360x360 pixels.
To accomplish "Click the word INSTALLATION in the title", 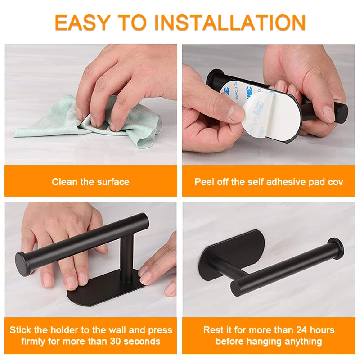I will [x=234, y=22].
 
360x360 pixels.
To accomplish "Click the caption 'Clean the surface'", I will [x=90, y=182].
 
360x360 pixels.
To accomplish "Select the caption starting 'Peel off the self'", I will [x=269, y=182].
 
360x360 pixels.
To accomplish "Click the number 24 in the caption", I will [x=296, y=330].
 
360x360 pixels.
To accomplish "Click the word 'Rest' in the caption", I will [x=213, y=330].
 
